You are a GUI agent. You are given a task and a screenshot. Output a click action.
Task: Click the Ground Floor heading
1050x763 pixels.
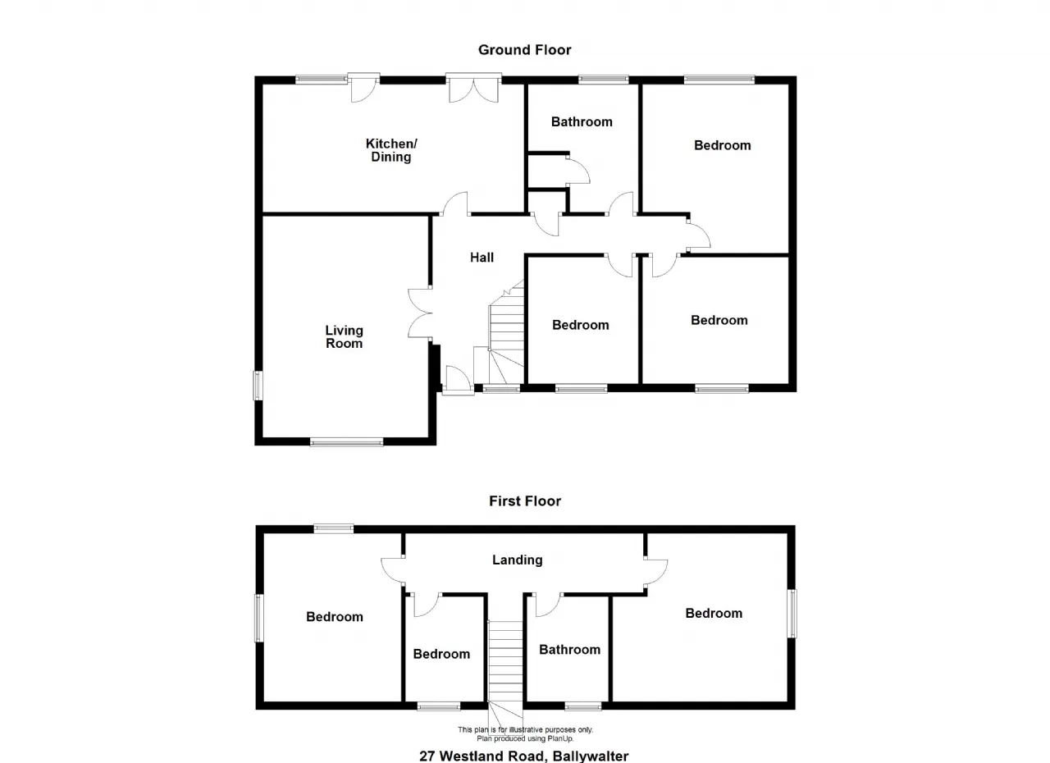(x=524, y=50)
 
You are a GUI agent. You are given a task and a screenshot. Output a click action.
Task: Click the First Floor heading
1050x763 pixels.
(x=525, y=501)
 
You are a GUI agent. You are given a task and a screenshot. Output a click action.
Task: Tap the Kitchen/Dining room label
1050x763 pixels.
(x=391, y=150)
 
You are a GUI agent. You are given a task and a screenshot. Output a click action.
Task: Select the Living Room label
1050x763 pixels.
(x=344, y=337)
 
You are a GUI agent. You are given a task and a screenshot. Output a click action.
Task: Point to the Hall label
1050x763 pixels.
(x=482, y=258)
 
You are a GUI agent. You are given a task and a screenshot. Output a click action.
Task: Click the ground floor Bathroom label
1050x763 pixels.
(x=582, y=122)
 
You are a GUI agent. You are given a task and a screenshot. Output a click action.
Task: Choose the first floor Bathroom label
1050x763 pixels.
(x=569, y=650)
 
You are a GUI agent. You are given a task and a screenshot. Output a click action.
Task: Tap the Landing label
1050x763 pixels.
(x=518, y=560)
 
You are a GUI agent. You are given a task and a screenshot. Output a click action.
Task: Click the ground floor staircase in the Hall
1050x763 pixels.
(x=506, y=333)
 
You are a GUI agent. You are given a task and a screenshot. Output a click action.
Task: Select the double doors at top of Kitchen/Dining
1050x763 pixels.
(x=473, y=88)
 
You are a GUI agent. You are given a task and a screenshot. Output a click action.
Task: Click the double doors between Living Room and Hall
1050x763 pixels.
(x=420, y=313)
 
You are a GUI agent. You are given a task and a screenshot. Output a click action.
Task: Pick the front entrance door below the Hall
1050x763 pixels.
(x=458, y=379)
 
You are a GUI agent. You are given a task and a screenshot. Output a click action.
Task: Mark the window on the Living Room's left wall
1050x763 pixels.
(x=258, y=386)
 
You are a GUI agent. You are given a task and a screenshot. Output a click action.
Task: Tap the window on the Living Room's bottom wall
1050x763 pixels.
(x=346, y=441)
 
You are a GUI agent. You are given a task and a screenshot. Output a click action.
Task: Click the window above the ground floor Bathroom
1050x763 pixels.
(x=603, y=80)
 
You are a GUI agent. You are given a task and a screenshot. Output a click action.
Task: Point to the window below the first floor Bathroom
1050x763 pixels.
(x=582, y=706)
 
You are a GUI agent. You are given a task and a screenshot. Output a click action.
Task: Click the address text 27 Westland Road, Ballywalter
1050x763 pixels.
(x=524, y=756)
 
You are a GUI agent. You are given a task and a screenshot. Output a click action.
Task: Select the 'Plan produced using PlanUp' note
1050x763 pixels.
(x=525, y=738)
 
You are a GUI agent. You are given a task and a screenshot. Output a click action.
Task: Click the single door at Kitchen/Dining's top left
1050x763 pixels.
(x=363, y=88)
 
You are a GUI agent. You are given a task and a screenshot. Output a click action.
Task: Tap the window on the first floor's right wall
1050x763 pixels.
(x=792, y=614)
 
